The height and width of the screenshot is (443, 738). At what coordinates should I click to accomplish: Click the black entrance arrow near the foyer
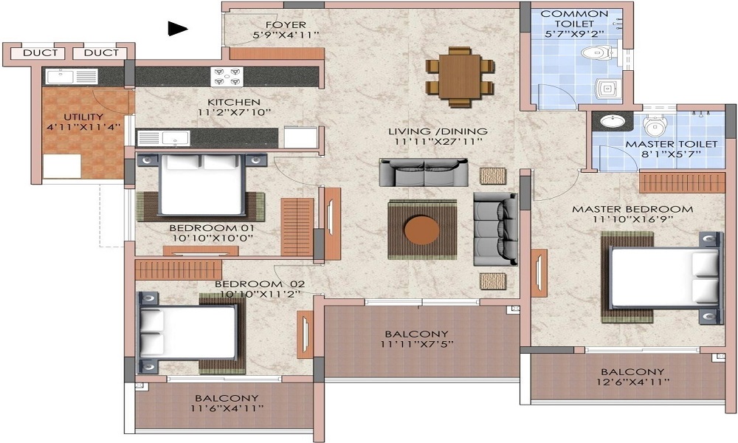tap(176, 29)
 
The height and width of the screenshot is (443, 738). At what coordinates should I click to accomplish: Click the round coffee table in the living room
tap(424, 228)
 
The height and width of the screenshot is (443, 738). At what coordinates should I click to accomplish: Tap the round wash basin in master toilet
tap(611, 122)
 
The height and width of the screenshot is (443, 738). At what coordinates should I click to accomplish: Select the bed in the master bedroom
tap(663, 278)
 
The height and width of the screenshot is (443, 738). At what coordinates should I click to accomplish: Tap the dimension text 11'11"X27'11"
tap(438, 142)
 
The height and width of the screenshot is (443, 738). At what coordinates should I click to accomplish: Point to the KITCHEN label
tap(233, 102)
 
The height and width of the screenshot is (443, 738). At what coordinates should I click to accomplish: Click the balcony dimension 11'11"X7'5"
tap(418, 344)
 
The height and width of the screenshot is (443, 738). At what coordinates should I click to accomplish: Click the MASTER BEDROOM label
tap(632, 209)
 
